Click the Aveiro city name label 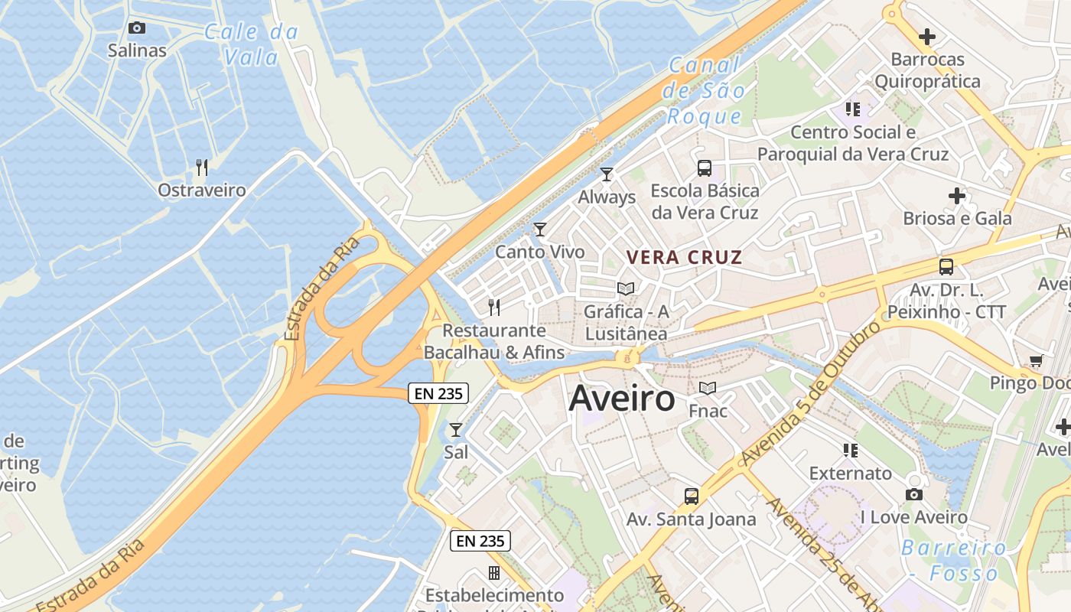tap(622, 399)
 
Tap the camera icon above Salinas tap(137, 28)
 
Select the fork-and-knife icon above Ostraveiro tap(202, 168)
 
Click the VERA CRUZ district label tap(685, 257)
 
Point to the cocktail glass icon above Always tap(607, 174)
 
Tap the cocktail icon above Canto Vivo tap(540, 229)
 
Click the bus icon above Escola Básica tap(705, 168)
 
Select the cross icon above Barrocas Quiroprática tap(927, 36)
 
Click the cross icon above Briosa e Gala tap(957, 196)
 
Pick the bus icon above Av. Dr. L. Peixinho tap(946, 267)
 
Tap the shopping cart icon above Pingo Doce tap(1037, 360)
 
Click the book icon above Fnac tap(708, 389)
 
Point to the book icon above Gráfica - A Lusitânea tap(626, 289)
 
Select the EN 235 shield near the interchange tap(438, 393)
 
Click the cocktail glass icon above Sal tap(456, 430)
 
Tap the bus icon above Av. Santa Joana tap(692, 496)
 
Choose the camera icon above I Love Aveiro tap(914, 495)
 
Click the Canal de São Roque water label tap(705, 91)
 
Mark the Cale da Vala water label tap(251, 44)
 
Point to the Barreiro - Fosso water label tap(953, 560)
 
